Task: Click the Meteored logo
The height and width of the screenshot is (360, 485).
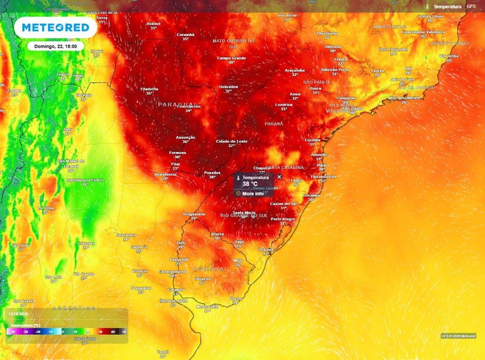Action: (55, 28)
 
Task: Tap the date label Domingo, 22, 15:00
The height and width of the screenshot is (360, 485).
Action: (55, 46)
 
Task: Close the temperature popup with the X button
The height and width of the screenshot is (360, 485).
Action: (279, 177)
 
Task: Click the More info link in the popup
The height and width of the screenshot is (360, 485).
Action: (253, 194)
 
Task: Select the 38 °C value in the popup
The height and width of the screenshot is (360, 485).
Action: (250, 184)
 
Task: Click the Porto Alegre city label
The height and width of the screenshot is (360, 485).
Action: (283, 219)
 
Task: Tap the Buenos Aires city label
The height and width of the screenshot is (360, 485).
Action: (173, 301)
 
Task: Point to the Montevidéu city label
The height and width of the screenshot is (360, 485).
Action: (207, 306)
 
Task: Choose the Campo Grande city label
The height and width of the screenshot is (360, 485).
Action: (232, 58)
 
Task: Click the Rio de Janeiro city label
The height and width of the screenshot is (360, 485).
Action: (404, 98)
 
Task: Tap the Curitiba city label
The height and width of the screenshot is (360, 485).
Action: (313, 140)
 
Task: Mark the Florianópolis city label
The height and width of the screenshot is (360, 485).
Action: (323, 176)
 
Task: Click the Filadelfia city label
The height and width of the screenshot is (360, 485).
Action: (149, 89)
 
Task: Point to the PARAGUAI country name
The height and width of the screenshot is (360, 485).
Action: (177, 104)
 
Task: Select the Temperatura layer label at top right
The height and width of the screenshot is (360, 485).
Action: (447, 7)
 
